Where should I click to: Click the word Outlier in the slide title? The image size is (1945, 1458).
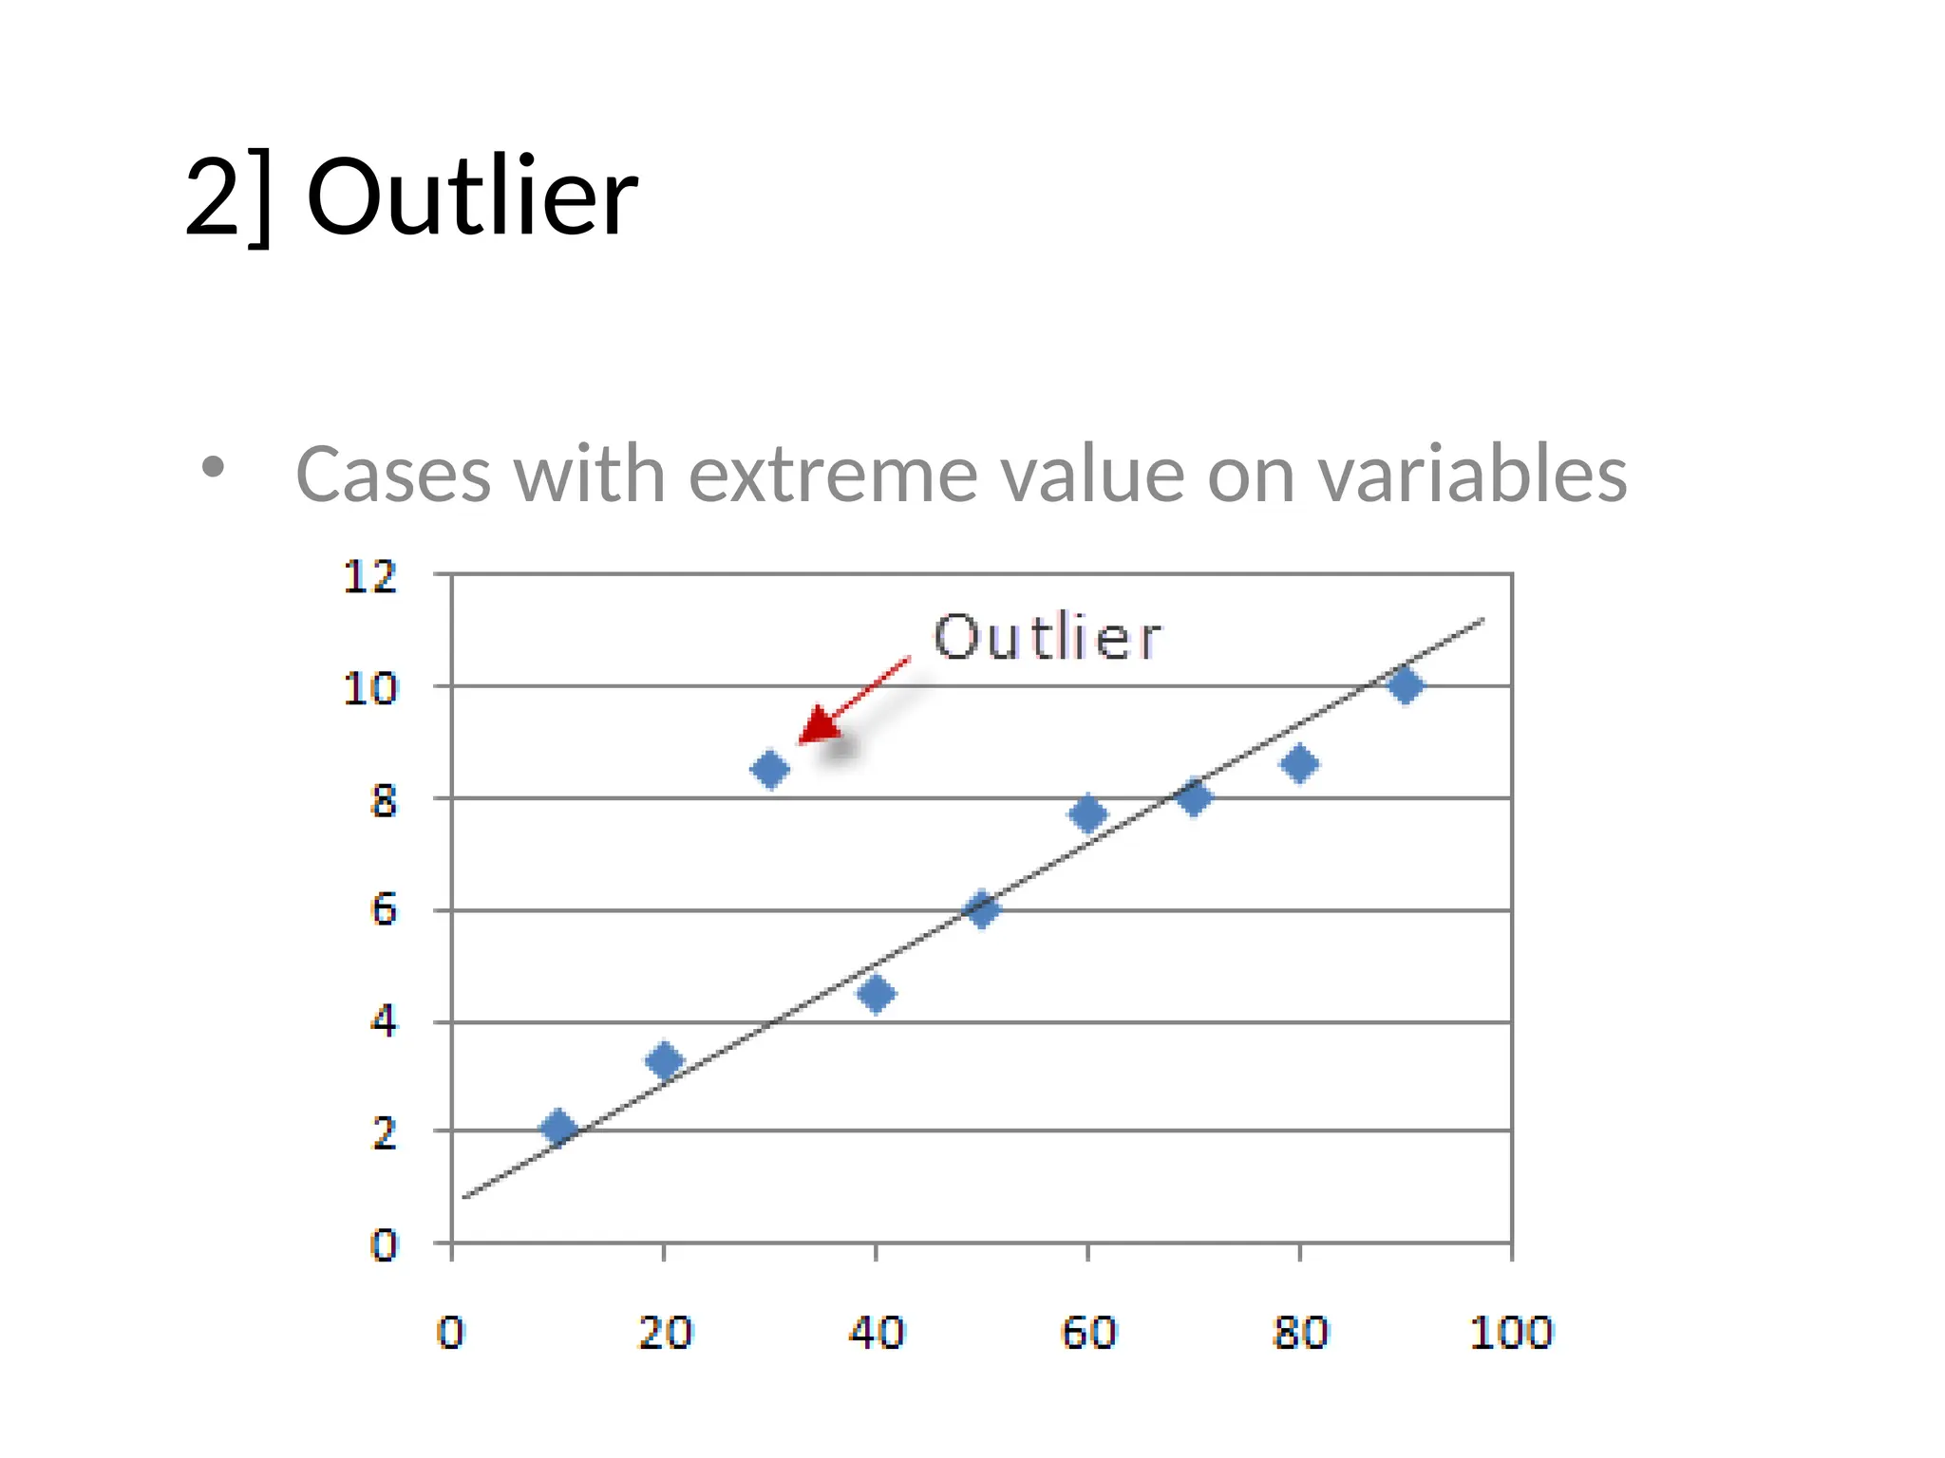coord(472,196)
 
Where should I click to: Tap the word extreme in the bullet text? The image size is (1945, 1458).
coord(832,474)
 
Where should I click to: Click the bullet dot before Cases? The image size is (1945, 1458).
coord(214,467)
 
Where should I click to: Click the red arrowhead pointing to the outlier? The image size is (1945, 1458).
coord(815,727)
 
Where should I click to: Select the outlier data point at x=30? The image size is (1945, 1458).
coord(769,769)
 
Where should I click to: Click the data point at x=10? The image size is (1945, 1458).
coord(557,1127)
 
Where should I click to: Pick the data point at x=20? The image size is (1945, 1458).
coord(664,1060)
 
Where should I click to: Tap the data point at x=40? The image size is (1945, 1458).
coord(876,994)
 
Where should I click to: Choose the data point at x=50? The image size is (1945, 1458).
coord(981,909)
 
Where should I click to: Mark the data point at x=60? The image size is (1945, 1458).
coord(1087,813)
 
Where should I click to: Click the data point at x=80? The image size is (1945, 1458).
coord(1299,763)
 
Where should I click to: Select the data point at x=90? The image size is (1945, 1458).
coord(1406,684)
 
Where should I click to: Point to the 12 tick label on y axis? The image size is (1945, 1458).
coord(369,577)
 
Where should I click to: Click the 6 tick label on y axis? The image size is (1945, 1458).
coord(383,910)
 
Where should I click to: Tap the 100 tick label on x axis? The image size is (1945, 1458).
coord(1510,1333)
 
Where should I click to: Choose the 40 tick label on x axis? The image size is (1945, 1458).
coord(876,1333)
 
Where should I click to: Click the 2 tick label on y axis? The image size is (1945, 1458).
coord(383,1133)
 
